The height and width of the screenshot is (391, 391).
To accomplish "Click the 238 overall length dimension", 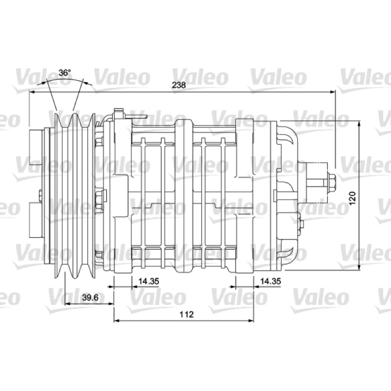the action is tap(179, 85).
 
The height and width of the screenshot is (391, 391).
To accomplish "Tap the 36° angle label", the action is tap(65, 72).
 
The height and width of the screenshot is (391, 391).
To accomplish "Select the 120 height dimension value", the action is tap(352, 198).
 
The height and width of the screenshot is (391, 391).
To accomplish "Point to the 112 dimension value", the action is tap(187, 314).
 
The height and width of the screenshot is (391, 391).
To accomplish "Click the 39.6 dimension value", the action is tap(90, 297).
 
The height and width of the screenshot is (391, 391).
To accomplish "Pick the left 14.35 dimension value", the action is tap(149, 281).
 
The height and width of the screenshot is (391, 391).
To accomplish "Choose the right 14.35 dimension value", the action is tap(270, 281).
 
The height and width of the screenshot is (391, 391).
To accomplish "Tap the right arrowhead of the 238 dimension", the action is tap(332, 92).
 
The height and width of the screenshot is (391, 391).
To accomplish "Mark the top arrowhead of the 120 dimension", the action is tap(359, 124).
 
